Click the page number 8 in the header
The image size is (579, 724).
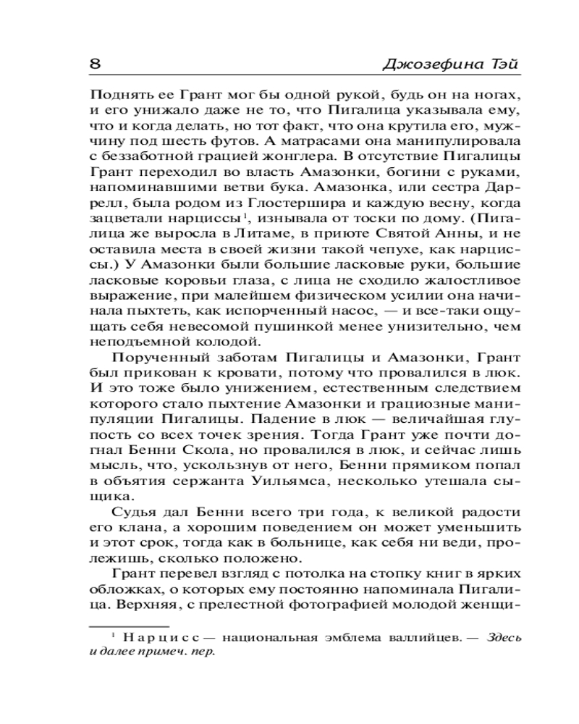tap(94, 64)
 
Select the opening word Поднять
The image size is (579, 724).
tap(115, 96)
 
